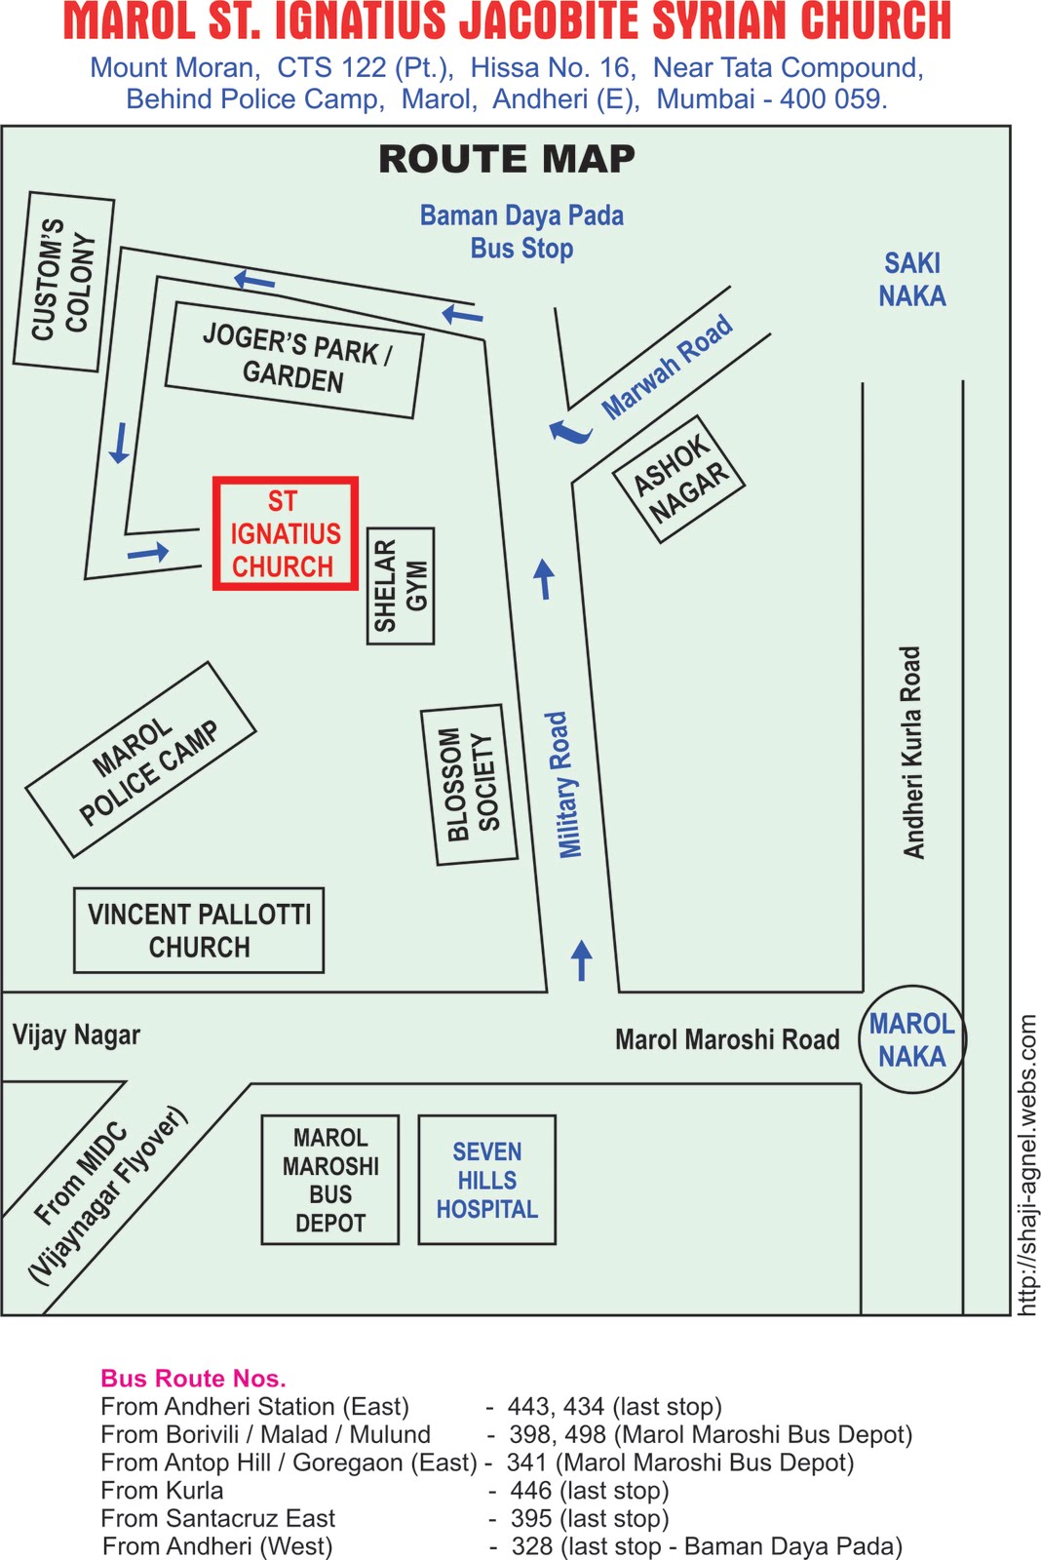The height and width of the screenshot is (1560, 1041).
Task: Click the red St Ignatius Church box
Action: click(x=286, y=533)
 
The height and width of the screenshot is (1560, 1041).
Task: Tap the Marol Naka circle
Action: click(x=912, y=1039)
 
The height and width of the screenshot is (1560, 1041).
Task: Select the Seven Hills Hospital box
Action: click(x=486, y=1180)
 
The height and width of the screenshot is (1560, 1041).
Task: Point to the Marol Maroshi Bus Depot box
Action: click(x=330, y=1180)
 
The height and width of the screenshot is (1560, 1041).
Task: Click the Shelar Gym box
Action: click(x=401, y=586)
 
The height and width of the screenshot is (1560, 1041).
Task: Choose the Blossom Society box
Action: click(x=469, y=785)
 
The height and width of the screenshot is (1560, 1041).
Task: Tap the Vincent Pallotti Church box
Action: click(x=199, y=930)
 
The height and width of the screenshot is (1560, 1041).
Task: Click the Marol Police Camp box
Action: click(x=141, y=760)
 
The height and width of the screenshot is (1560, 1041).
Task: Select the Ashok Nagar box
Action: click(x=679, y=479)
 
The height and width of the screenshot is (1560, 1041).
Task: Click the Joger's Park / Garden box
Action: click(x=294, y=360)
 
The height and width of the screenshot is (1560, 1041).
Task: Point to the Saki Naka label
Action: click(x=912, y=280)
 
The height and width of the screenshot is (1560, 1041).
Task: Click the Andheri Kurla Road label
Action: click(x=912, y=753)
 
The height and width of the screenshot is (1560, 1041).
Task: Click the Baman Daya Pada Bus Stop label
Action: click(x=521, y=232)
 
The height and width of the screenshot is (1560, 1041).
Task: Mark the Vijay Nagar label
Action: click(x=76, y=1035)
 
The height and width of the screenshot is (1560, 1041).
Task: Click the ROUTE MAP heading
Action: click(x=507, y=159)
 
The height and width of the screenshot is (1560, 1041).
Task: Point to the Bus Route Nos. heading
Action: click(x=193, y=1379)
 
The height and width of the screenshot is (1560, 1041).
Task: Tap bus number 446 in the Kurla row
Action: click(x=531, y=1491)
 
